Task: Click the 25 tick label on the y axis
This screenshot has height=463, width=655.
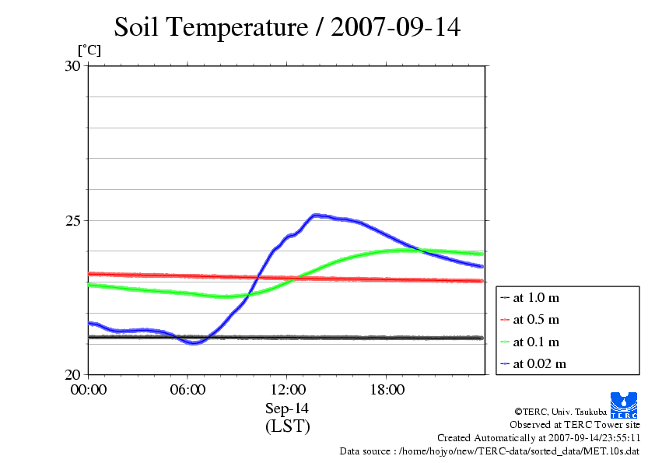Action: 72,220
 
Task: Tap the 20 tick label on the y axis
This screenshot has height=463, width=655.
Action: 72,374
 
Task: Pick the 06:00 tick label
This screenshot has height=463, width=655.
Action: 187,390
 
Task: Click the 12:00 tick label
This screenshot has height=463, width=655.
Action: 287,390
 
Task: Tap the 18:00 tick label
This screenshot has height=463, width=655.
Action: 387,390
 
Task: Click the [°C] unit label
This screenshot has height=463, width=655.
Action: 89,51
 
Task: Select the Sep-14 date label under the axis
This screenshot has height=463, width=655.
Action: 287,409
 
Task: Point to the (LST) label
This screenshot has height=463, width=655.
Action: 287,426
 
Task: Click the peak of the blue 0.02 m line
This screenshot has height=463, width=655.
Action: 316,215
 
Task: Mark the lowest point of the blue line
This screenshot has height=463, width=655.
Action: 194,342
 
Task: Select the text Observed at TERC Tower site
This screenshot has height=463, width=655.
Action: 575,425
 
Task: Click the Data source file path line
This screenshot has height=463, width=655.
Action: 489,451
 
